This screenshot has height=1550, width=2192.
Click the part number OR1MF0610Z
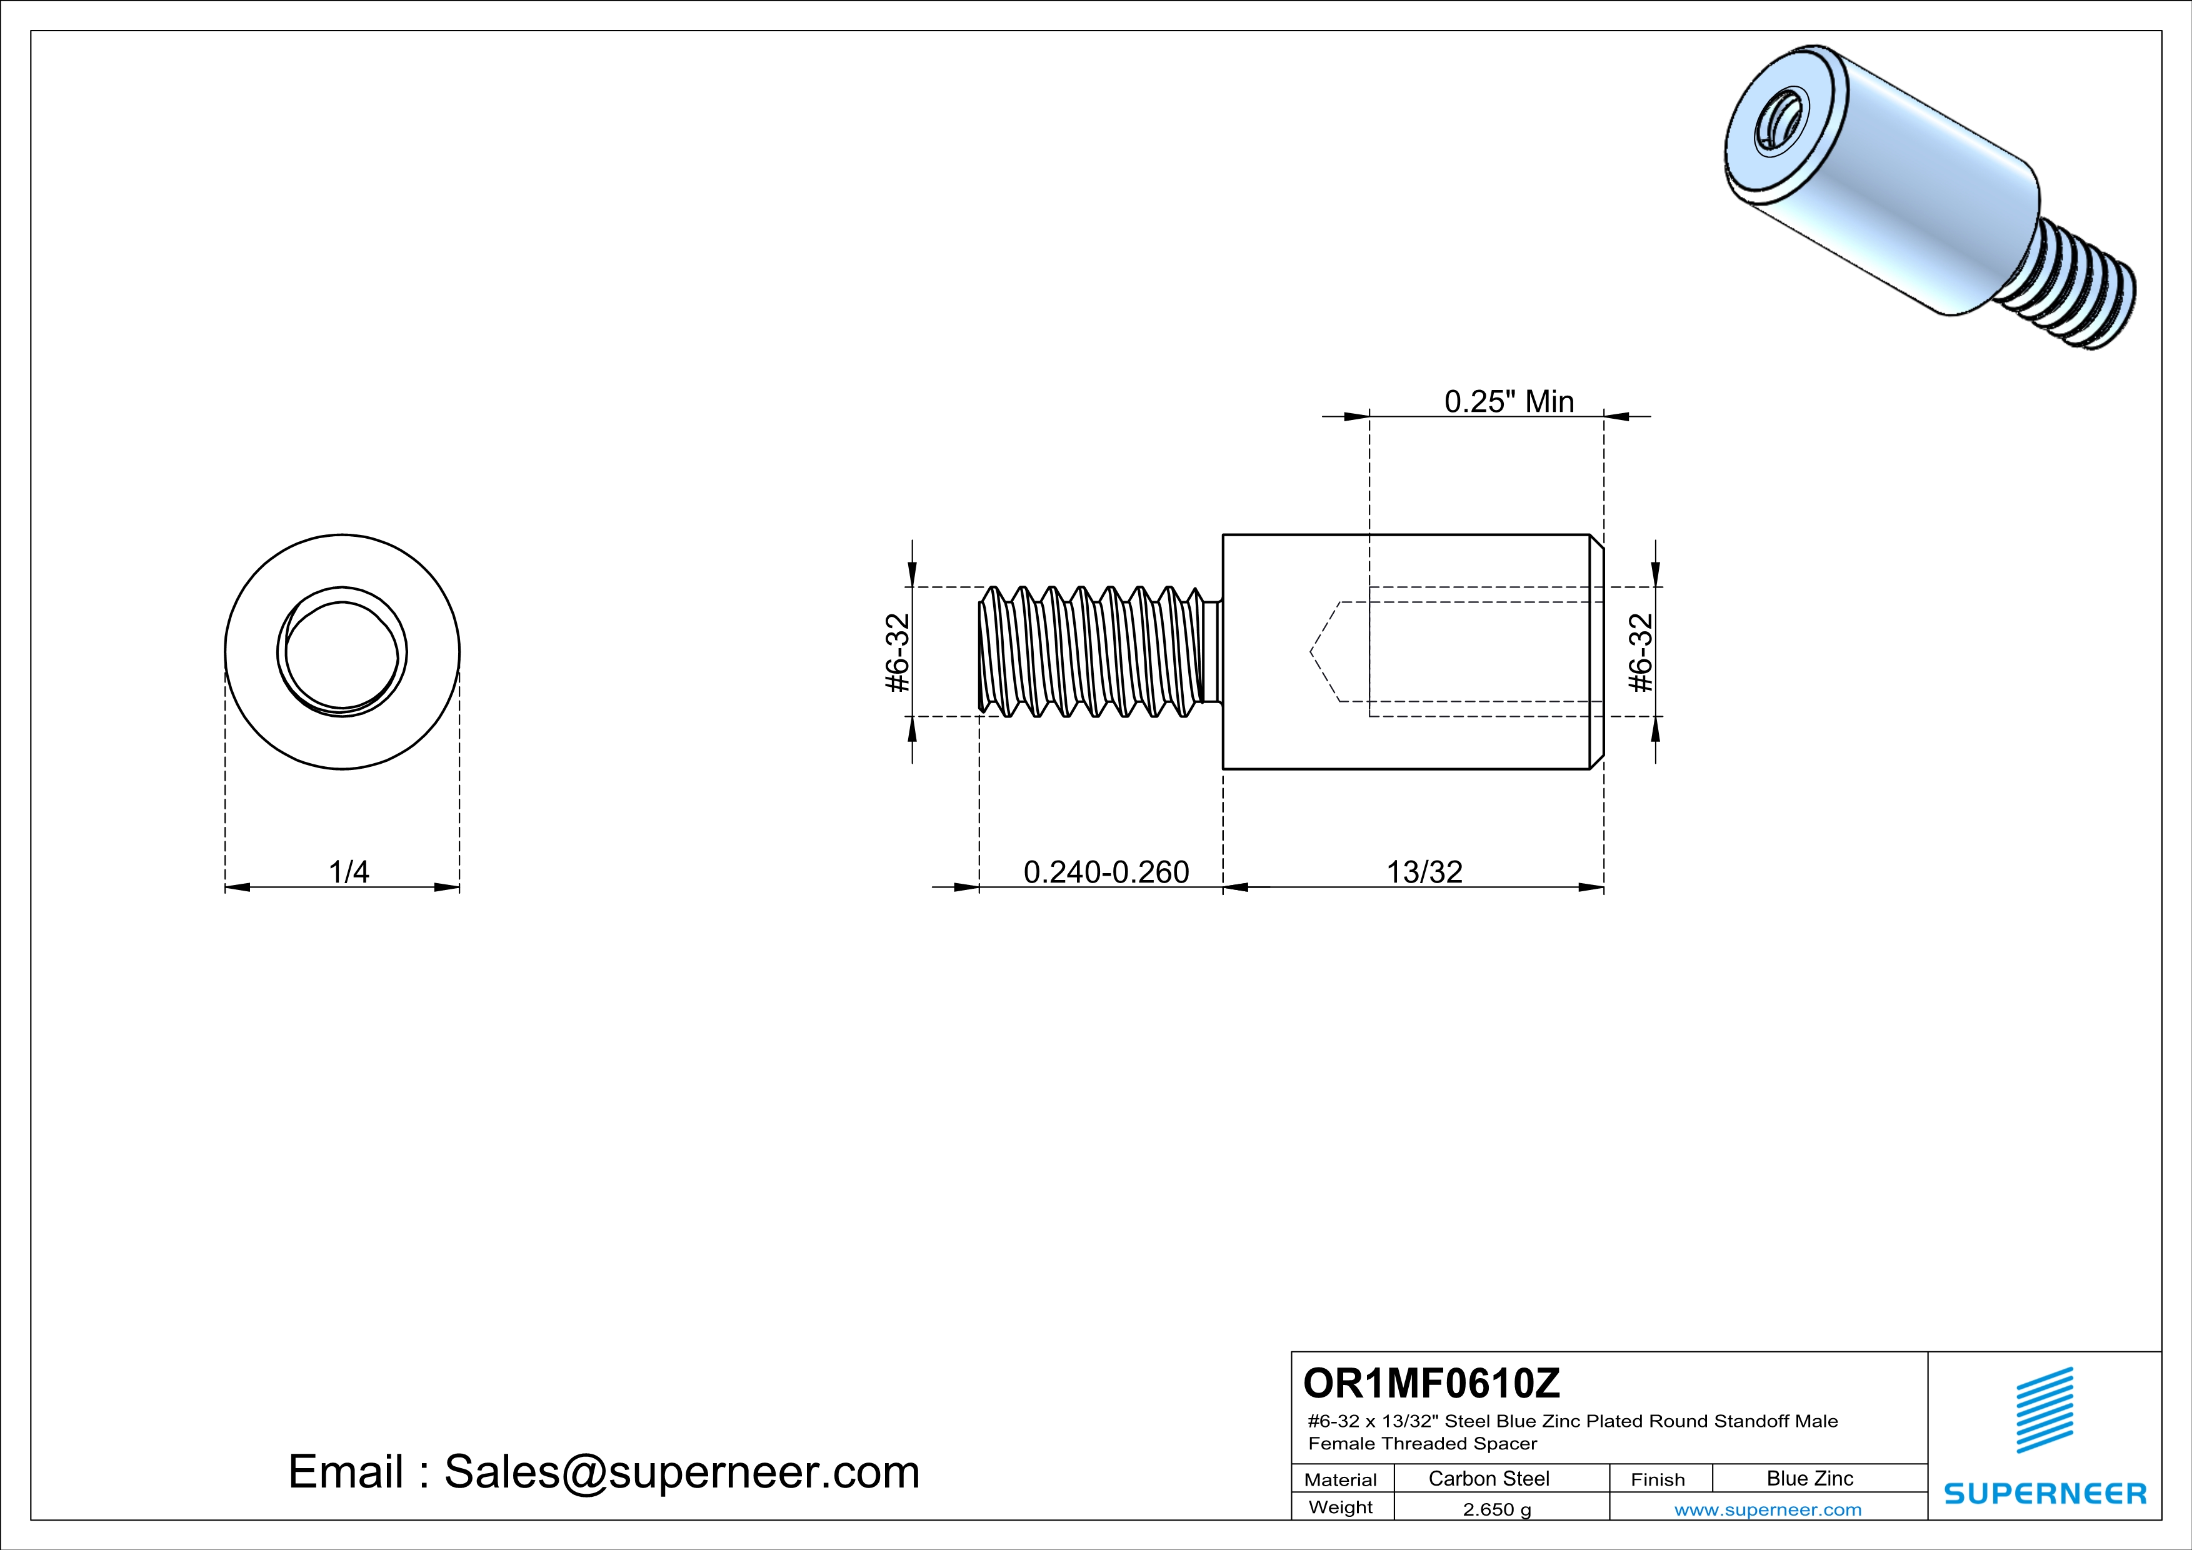pos(1431,1383)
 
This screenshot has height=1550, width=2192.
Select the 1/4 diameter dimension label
pos(349,871)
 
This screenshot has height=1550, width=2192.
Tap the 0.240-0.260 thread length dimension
pos(1106,871)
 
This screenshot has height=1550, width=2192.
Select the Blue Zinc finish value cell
pos(1810,1478)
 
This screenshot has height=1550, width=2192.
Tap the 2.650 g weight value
pos(1497,1509)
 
